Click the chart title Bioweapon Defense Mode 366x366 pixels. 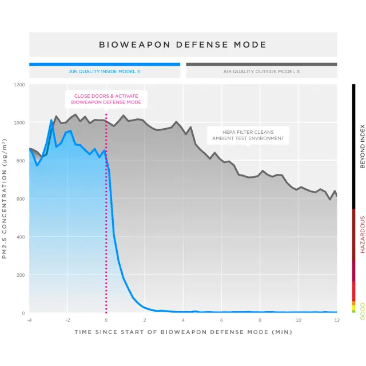point(183,45)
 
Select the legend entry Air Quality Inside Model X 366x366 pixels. point(105,72)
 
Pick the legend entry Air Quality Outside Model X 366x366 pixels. point(261,72)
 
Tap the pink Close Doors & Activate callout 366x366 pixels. point(106,99)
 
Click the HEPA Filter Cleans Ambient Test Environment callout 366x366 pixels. point(248,135)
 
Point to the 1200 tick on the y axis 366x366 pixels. point(19,85)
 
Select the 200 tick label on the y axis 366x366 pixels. point(21,275)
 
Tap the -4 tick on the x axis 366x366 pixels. point(29,320)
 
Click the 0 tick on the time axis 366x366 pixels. point(106,320)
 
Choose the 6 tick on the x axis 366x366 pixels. point(221,320)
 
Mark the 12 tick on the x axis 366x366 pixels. point(336,320)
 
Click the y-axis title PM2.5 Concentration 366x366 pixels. point(5,199)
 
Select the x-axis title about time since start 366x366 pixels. point(183,332)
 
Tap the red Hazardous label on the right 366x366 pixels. point(362,234)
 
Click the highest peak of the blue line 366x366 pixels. point(51,120)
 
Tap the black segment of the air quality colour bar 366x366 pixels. point(354,146)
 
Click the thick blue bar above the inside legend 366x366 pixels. point(105,65)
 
